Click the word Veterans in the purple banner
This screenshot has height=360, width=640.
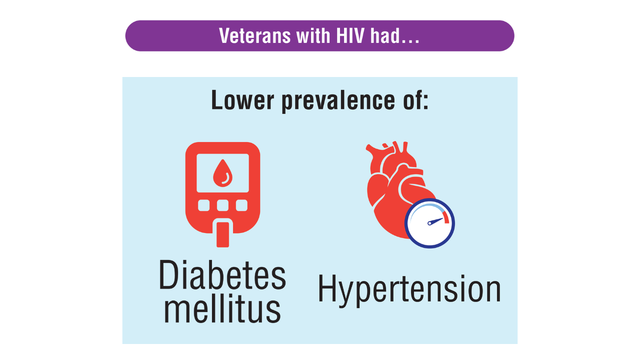(254, 36)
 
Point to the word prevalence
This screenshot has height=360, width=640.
(338, 101)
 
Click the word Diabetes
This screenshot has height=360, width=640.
(222, 275)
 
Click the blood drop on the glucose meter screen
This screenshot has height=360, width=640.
(222, 173)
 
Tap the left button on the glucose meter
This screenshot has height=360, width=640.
(203, 205)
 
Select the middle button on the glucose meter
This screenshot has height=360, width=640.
(222, 205)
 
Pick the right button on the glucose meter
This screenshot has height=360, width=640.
(241, 205)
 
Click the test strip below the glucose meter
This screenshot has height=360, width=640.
(222, 234)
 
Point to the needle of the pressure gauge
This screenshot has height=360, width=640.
(435, 221)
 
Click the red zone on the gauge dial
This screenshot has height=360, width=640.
(445, 217)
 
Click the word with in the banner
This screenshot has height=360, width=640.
(313, 36)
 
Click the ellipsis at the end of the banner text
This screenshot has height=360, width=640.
(410, 41)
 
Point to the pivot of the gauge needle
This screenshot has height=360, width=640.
(429, 223)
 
